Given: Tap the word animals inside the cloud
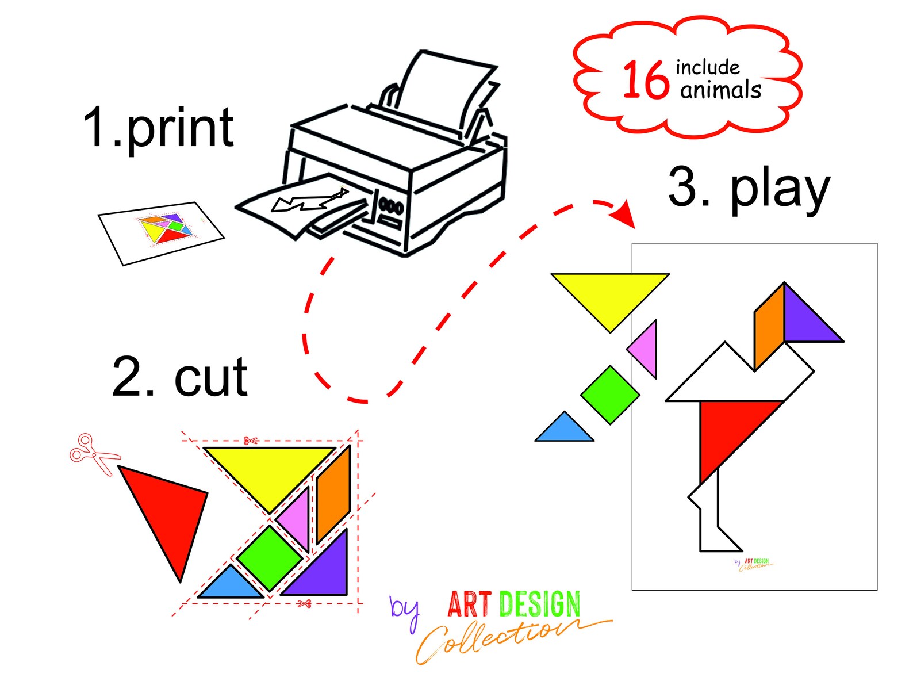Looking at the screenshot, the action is (720, 89).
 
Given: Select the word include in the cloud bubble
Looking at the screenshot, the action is (708, 67).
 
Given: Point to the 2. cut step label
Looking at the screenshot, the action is (180, 377).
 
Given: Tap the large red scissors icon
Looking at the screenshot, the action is (94, 454).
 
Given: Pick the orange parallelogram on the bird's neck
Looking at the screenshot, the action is (769, 327).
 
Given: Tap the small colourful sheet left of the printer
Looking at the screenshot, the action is (162, 233).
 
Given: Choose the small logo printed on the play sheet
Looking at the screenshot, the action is (754, 564).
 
